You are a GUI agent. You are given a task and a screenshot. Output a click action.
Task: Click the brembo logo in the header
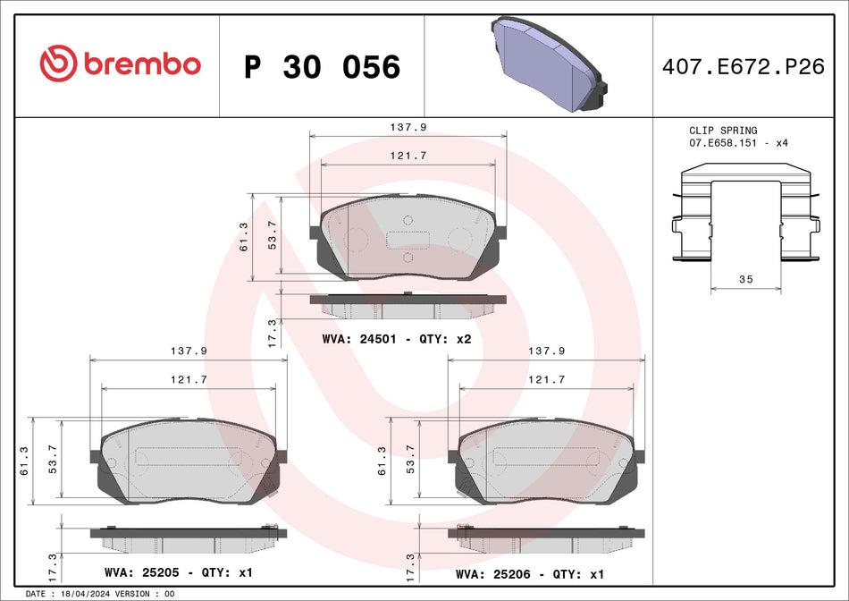120,64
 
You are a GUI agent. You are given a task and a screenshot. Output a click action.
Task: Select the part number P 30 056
322,67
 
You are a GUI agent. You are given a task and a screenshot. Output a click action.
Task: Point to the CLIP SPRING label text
722,131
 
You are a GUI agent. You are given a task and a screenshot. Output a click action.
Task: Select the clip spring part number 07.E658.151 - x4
738,143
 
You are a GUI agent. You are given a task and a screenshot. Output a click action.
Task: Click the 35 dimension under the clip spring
746,280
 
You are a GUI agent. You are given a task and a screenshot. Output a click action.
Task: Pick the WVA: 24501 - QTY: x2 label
396,340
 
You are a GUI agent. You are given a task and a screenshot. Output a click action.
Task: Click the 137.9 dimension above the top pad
407,128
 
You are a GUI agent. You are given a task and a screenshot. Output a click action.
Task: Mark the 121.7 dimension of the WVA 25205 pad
189,380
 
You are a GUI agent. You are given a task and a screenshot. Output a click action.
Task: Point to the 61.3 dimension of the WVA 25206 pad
383,461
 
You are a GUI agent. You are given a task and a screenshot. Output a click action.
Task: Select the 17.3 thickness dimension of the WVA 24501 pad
272,333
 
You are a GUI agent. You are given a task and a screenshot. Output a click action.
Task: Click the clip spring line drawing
745,215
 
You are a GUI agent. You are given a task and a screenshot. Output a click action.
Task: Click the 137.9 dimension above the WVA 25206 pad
546,351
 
